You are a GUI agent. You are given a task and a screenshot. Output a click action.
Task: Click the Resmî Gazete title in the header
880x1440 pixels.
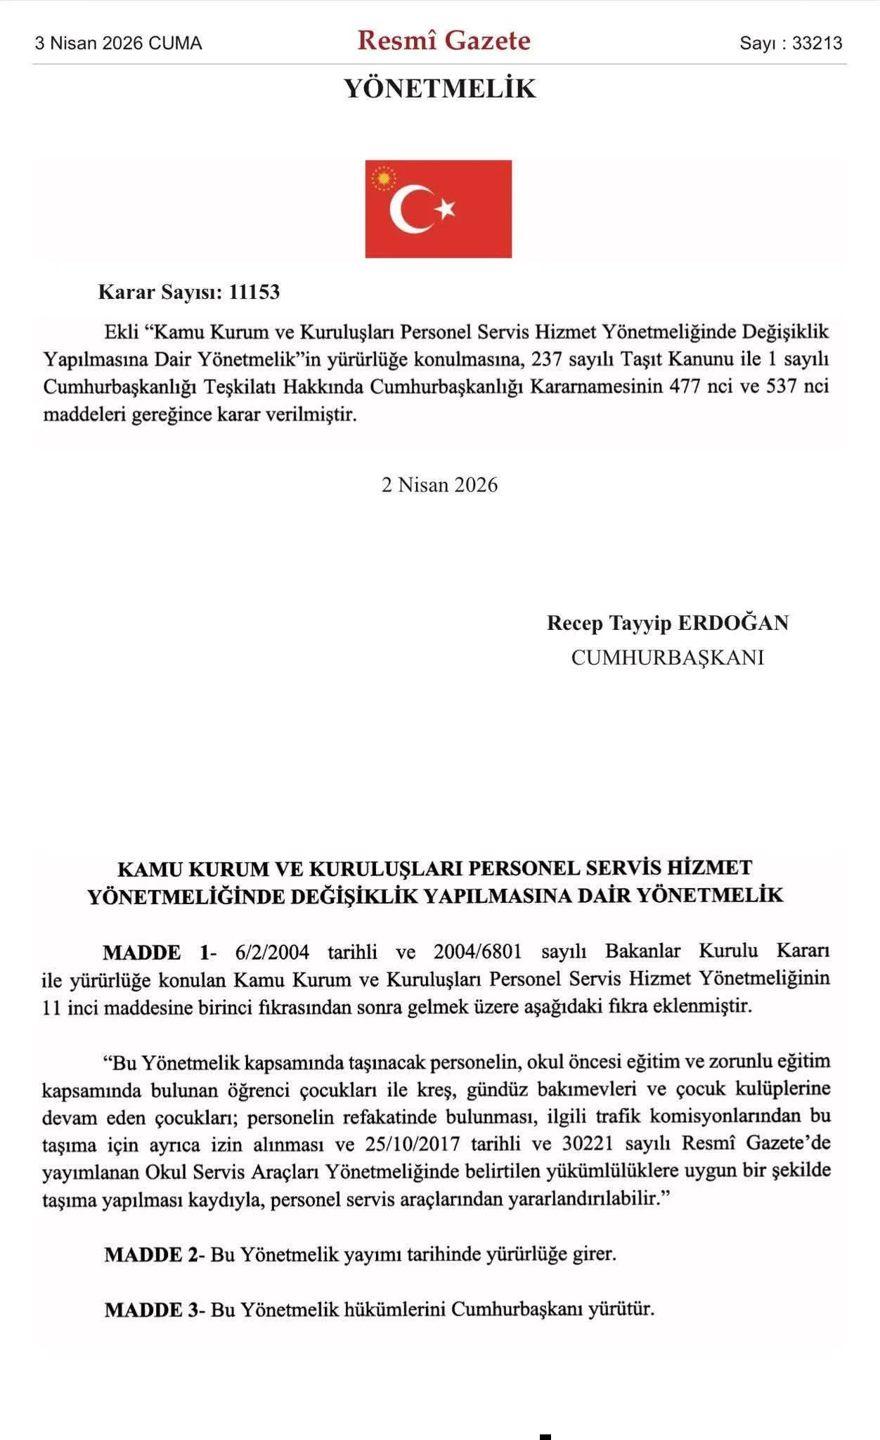(x=444, y=41)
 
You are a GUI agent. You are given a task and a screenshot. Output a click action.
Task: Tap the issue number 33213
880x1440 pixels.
(x=817, y=44)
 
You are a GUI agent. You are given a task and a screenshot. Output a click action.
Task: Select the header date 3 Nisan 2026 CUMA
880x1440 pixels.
(x=118, y=44)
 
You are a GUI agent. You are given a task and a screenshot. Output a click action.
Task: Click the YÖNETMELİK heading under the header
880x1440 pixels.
(x=440, y=89)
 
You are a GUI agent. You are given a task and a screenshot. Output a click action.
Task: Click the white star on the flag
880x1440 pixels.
(x=446, y=208)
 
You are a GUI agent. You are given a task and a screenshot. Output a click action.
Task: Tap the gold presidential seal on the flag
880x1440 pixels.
(x=384, y=179)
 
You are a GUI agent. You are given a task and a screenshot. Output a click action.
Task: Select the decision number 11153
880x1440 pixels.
(x=254, y=292)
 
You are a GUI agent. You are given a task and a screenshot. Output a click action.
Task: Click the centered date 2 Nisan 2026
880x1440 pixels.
(x=439, y=485)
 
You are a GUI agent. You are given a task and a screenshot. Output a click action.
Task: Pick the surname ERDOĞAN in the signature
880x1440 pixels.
(x=732, y=623)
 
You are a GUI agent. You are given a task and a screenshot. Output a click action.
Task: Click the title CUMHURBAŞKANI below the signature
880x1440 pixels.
(x=667, y=657)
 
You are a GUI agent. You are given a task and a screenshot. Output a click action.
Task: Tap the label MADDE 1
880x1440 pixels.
(x=156, y=953)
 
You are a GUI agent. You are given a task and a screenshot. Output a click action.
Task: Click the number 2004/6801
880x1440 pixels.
(x=478, y=952)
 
